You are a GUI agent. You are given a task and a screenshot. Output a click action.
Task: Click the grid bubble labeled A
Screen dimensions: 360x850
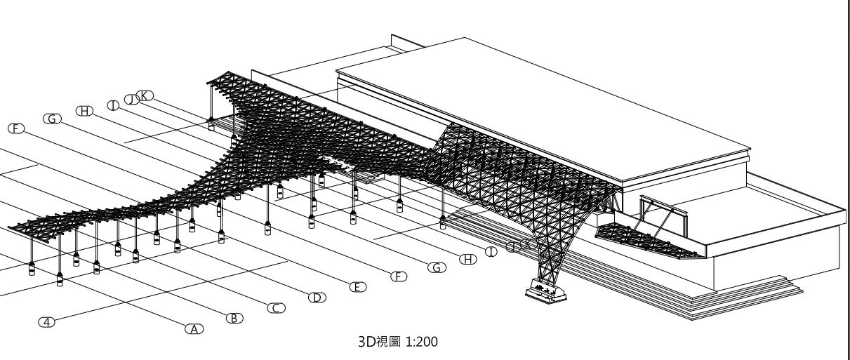pyautogui.click(x=193, y=327)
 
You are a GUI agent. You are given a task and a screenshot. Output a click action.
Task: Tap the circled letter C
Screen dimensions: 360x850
pyautogui.click(x=275, y=307)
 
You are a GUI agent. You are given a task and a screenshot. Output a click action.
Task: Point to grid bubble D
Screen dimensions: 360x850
pyautogui.click(x=317, y=297)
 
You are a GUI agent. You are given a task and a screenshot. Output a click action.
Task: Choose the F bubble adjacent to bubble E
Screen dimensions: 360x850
pyautogui.click(x=398, y=276)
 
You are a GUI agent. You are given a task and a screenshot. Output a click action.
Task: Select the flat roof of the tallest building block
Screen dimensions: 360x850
pyautogui.click(x=540, y=105)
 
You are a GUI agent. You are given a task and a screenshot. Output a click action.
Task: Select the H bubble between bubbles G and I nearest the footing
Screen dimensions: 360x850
pyautogui.click(x=467, y=259)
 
